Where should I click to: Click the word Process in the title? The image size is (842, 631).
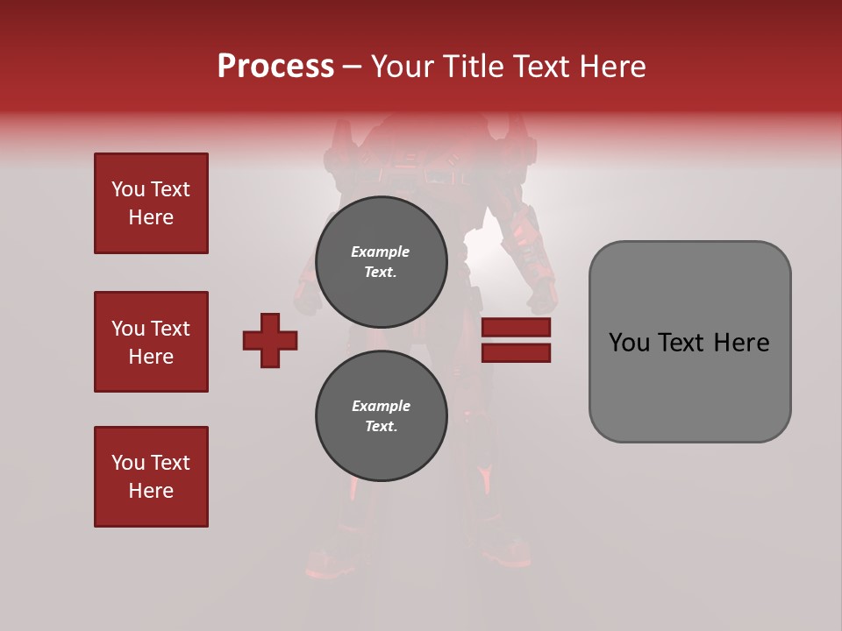pos(275,67)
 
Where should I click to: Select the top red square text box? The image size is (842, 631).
pos(151,203)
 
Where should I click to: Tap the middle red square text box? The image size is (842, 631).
pos(151,342)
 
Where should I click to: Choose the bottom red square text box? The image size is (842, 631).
pos(151,477)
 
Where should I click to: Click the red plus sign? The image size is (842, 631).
pos(270,340)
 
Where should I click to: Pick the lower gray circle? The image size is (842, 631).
pos(381,415)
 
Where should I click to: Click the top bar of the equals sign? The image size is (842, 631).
pos(516,327)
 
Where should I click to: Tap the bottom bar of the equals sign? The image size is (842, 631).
pos(516,352)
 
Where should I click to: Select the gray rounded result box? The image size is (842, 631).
pos(689,342)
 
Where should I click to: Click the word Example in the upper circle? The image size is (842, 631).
pos(381,252)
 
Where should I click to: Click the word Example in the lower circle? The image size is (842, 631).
pos(381,406)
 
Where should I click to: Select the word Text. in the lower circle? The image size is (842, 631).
pos(381,427)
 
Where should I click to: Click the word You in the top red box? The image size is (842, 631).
pos(128,189)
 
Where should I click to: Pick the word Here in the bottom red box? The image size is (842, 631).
pos(151,491)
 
